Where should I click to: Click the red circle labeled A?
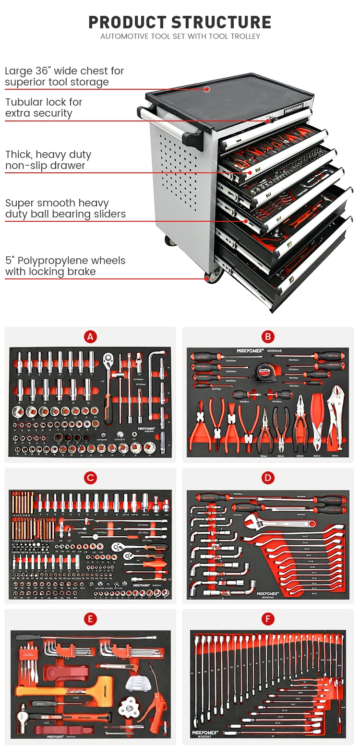(x=90, y=337)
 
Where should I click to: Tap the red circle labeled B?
(x=268, y=337)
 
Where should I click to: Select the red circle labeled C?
(x=90, y=478)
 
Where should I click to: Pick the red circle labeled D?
(x=268, y=478)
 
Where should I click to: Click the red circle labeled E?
(x=90, y=619)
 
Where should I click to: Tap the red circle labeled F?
(x=268, y=619)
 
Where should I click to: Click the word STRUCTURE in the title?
(x=221, y=22)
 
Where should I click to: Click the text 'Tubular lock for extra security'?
(x=44, y=108)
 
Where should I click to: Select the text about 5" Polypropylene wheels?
(x=65, y=266)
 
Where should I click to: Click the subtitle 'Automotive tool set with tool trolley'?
(x=180, y=36)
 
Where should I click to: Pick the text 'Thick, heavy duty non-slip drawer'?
(x=48, y=160)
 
